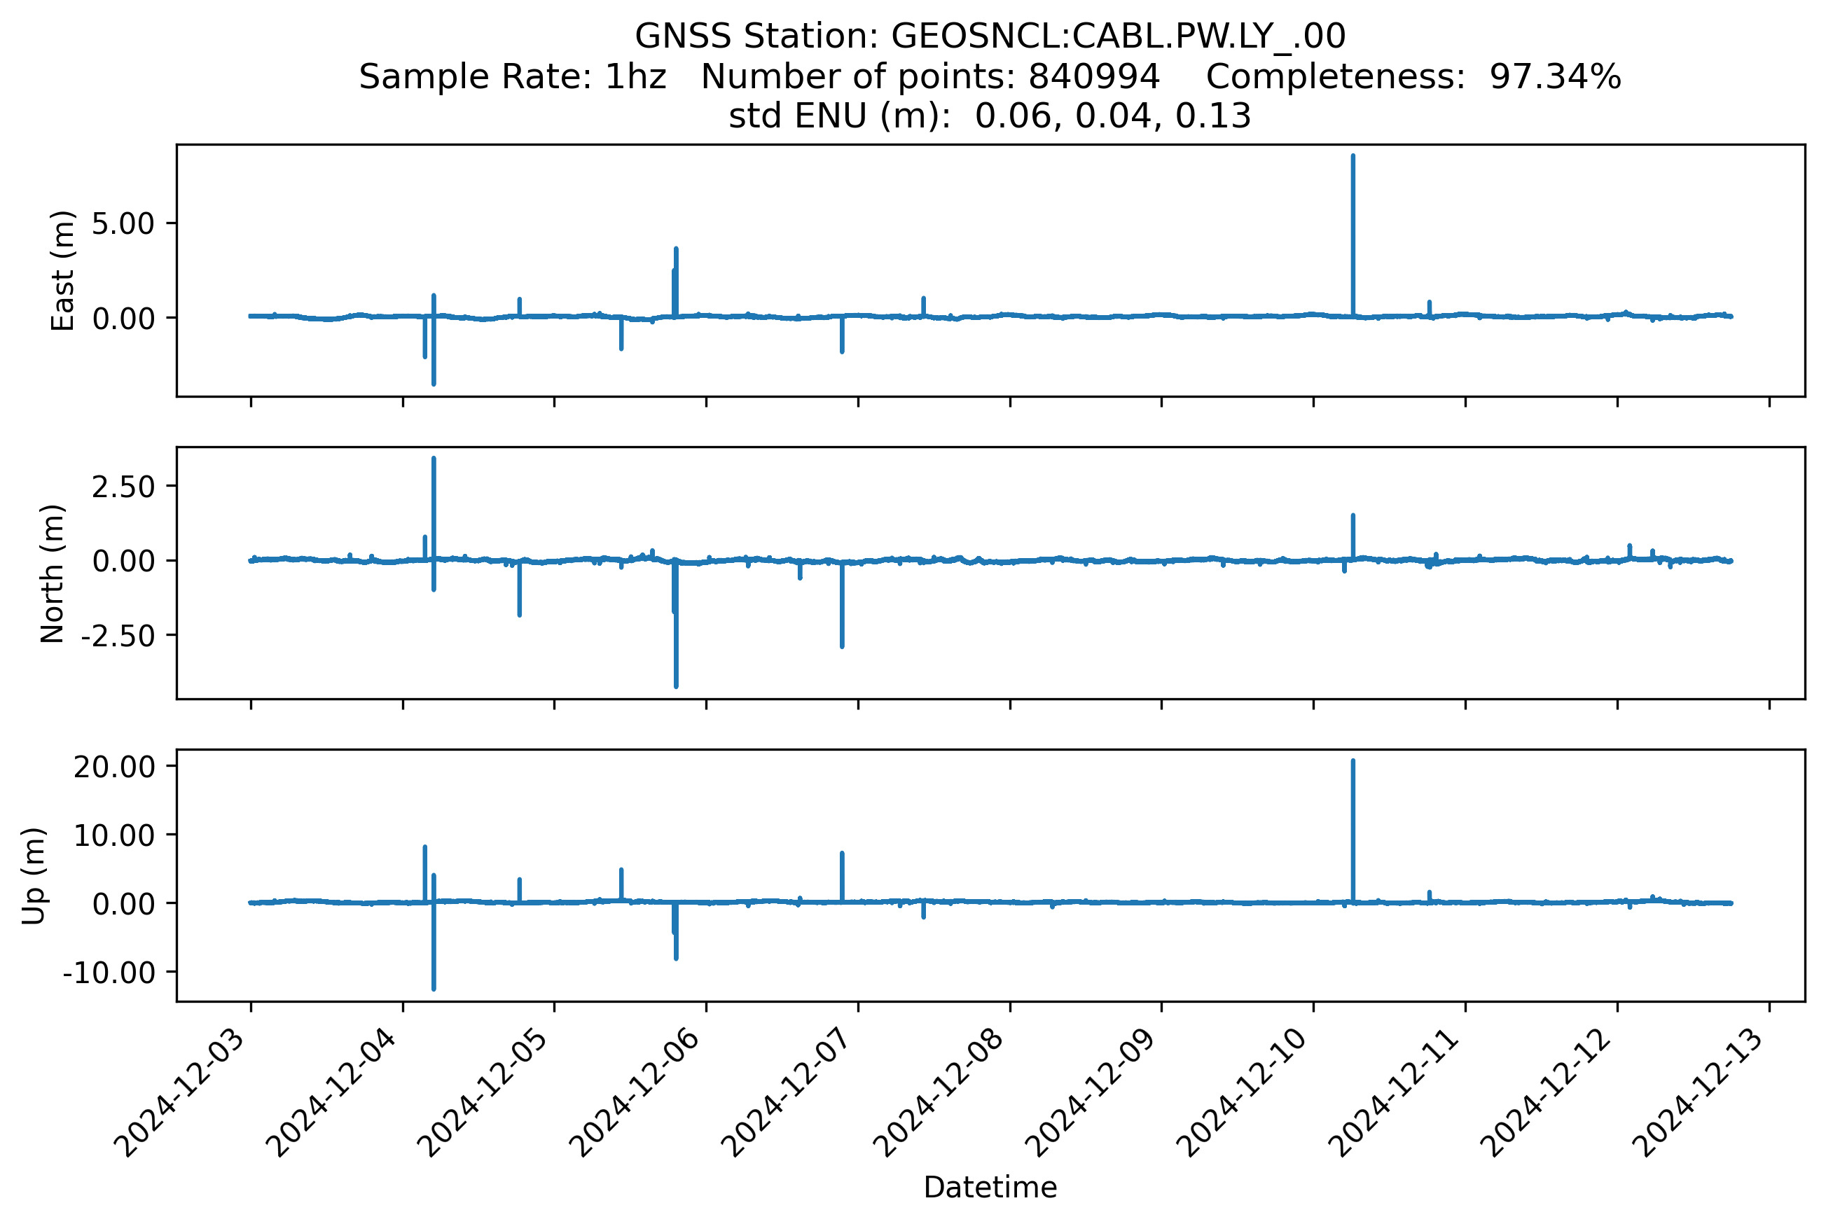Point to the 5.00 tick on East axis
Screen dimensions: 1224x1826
point(123,224)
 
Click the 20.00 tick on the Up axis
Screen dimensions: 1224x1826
point(115,767)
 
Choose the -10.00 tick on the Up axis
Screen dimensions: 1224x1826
point(109,973)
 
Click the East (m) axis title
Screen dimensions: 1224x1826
point(62,271)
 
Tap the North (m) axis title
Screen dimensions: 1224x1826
point(53,573)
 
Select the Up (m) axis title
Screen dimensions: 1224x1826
point(34,876)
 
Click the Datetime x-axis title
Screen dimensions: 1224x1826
point(990,1188)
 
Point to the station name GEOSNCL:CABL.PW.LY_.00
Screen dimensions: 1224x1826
point(1118,36)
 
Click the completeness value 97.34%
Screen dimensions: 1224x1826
point(1555,77)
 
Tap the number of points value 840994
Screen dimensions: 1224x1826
point(1094,77)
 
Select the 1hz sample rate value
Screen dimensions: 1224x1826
point(635,77)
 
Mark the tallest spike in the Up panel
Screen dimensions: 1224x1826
point(1353,762)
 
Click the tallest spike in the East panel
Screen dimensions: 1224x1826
point(1353,157)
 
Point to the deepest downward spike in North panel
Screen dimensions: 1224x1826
point(676,686)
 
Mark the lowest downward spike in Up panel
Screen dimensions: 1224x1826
point(434,988)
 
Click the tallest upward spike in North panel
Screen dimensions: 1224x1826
point(434,460)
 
